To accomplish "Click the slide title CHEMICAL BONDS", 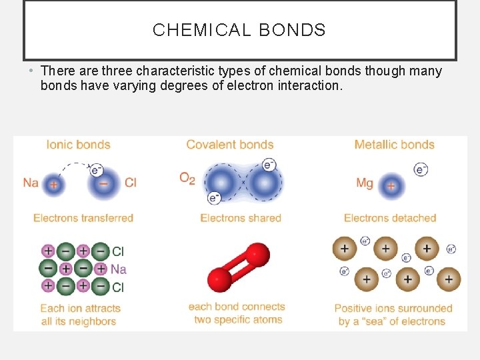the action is click(x=239, y=30).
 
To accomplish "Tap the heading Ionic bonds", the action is click(x=78, y=145).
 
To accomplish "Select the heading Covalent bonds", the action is click(x=230, y=145).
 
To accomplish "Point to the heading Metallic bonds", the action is click(x=394, y=145).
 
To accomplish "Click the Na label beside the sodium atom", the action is click(x=31, y=183).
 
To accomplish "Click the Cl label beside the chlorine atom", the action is click(x=130, y=183).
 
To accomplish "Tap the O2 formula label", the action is click(x=187, y=179).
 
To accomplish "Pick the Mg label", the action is click(x=365, y=183).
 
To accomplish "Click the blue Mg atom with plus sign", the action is click(x=391, y=185).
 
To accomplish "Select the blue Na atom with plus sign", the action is click(x=53, y=185).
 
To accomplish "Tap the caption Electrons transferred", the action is click(x=83, y=218).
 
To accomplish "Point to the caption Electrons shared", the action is click(x=241, y=218).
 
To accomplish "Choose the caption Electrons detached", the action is click(x=390, y=218).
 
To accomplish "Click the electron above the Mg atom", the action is click(x=421, y=169).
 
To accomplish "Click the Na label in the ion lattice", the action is click(x=118, y=269).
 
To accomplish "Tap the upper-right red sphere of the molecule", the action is click(x=257, y=255).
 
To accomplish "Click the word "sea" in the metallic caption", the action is click(x=384, y=321).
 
